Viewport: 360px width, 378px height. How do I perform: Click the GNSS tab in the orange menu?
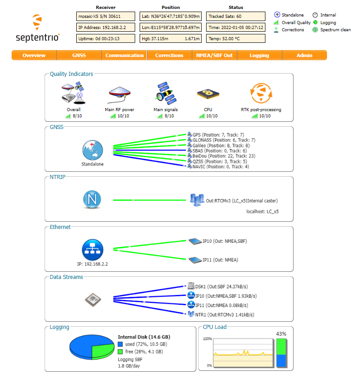[79, 55]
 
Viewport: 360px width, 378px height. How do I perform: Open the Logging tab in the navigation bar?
[259, 55]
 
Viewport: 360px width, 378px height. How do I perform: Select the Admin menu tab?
[304, 55]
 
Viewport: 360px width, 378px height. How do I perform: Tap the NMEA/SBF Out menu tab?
[214, 55]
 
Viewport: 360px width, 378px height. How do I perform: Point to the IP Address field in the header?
[106, 27]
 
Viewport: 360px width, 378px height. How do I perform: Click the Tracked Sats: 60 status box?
[236, 17]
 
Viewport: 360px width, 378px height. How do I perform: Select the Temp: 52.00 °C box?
[236, 38]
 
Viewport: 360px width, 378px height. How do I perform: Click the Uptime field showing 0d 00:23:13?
[106, 38]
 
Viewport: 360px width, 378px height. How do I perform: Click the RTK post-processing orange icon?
[261, 93]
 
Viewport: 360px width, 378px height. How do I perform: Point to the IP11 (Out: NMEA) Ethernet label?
[220, 260]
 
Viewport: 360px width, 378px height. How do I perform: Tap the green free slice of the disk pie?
[103, 350]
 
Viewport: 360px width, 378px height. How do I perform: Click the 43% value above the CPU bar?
[281, 333]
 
